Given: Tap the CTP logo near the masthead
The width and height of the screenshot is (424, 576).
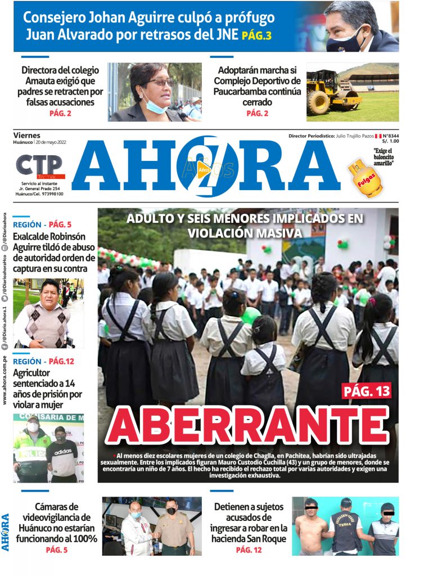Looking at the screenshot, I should coord(39,166).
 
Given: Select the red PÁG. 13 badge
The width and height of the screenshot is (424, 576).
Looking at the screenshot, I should coord(366,390).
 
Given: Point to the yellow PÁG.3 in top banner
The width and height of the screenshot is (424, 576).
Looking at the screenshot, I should coord(257,36).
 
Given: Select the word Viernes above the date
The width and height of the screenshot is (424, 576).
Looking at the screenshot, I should coord(27,135).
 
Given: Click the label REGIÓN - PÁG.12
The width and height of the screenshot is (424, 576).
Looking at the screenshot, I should coord(43,361).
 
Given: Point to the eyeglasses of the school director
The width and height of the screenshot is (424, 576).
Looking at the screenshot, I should coord(161,83).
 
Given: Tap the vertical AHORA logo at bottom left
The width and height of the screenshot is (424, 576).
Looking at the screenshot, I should coord(5,532).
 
